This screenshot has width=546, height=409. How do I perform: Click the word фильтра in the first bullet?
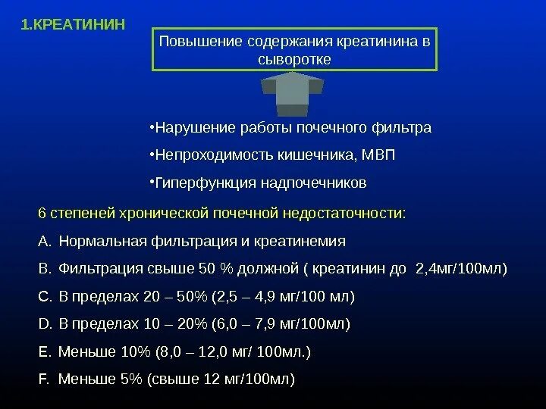[x=403, y=127]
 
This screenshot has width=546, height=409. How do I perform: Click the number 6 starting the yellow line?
[x=42, y=214]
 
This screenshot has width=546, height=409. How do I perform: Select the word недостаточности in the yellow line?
[x=347, y=214]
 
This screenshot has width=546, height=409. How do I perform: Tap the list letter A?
[x=42, y=242]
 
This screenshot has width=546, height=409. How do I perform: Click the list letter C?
[x=42, y=296]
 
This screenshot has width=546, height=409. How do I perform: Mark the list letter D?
[x=42, y=324]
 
